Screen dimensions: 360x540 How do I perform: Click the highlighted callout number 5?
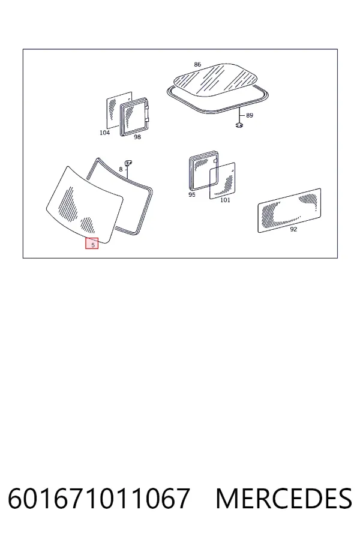coord(92,245)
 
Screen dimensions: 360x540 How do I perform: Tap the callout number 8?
coord(121,169)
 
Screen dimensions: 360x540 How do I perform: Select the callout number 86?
coord(197,64)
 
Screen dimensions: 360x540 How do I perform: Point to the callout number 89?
coord(250,115)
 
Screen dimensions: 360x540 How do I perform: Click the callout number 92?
coord(293,229)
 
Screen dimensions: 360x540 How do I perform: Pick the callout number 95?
coord(192,194)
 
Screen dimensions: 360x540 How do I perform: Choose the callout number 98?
coord(137,137)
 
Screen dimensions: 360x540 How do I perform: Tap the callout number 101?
coord(225,200)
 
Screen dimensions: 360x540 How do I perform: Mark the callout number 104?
coord(104,133)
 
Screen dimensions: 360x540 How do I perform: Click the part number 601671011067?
coord(99,498)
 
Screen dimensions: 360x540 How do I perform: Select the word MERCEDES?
coord(284,498)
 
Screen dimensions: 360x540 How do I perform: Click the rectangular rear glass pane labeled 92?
coord(289,211)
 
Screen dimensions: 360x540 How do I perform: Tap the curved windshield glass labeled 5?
coord(85,205)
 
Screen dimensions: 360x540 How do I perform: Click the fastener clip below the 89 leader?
coord(239,125)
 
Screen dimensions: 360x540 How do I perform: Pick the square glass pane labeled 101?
coord(223,181)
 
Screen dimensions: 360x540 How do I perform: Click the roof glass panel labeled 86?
coord(215,79)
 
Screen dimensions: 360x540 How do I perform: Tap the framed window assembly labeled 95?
coord(204,170)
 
